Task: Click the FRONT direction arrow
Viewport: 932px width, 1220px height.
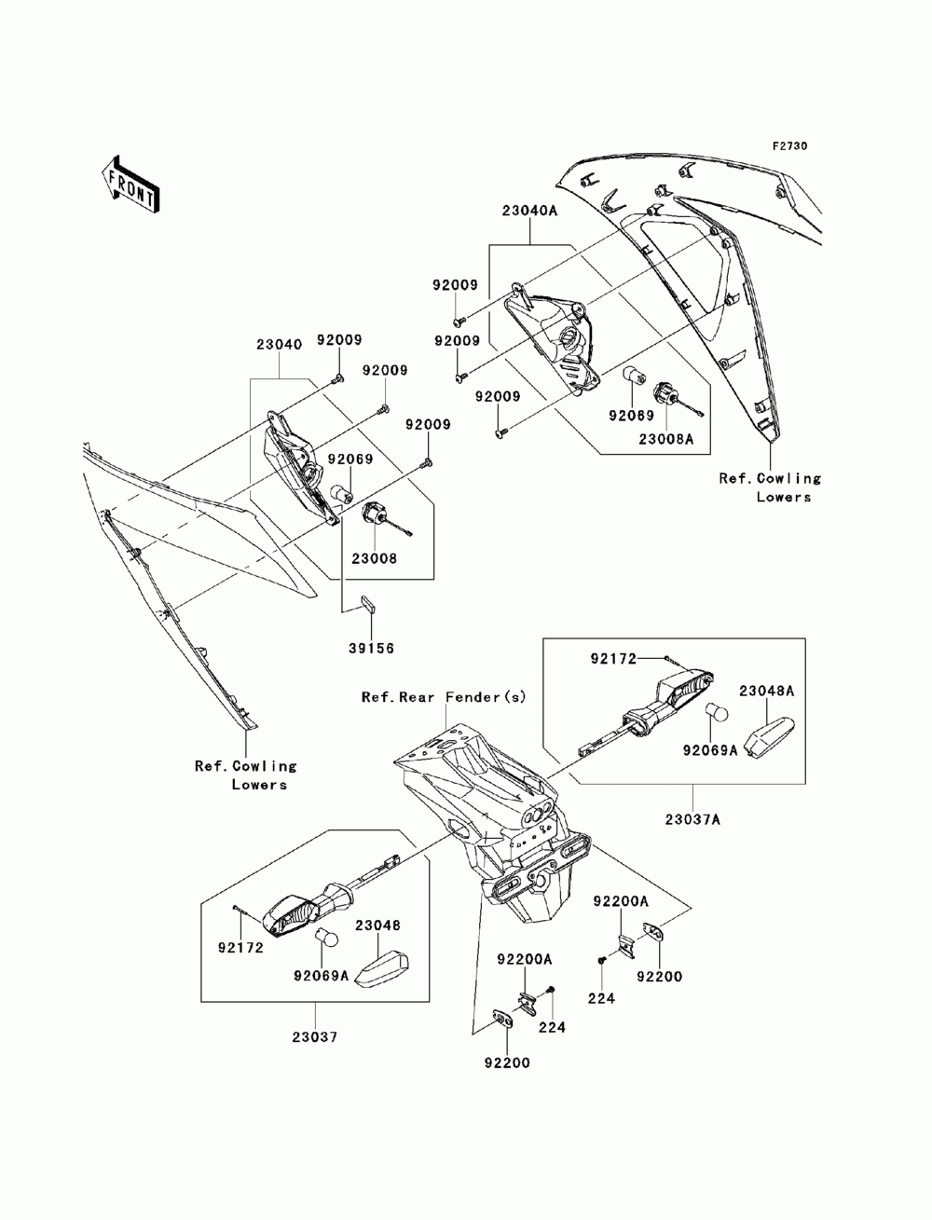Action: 130,183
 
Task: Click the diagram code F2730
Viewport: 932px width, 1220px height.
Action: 789,146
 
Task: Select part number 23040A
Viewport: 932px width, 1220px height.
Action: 529,212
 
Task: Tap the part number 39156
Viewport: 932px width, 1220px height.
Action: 371,648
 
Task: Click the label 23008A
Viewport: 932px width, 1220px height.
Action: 665,439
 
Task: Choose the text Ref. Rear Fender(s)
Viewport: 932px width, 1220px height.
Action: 444,697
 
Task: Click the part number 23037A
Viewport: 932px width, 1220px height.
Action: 692,819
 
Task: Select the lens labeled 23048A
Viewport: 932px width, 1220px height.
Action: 771,737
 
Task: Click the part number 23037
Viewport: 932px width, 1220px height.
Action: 315,1037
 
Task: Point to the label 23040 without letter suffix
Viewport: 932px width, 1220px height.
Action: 279,345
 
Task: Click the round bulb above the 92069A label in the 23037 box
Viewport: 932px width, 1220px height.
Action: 327,939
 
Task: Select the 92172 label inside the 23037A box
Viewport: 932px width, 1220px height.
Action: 613,659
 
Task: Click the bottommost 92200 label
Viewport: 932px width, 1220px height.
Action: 507,1062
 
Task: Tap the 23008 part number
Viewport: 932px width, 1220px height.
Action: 374,558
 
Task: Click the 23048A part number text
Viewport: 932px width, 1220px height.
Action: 766,692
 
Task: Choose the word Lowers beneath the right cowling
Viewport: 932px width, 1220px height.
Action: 783,497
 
